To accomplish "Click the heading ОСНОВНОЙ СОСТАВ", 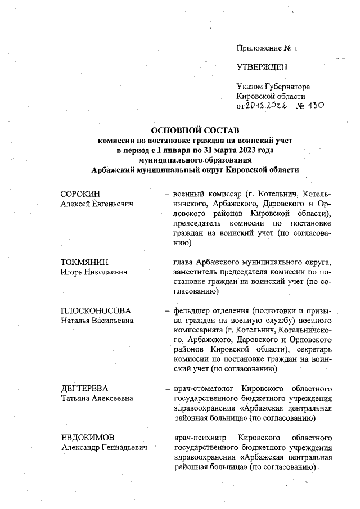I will tap(195, 130).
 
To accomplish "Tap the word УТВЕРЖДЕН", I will tap(262, 67).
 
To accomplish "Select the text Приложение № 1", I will tap(267, 48).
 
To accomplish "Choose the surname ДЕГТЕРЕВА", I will tap(84, 389).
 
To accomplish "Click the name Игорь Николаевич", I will tap(93, 272).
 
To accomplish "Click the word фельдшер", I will tap(191, 310).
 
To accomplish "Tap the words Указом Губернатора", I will tap(273, 87).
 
